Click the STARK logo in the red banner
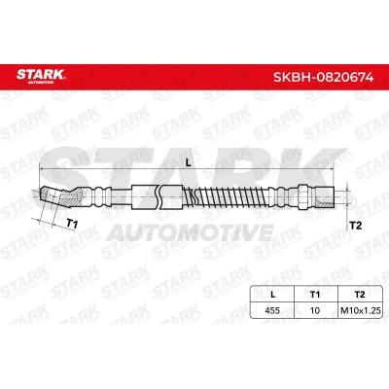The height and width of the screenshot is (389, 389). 41,76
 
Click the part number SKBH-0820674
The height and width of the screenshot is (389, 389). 323,78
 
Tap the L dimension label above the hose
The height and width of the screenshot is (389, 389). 189,163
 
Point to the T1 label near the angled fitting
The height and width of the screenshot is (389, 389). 72,224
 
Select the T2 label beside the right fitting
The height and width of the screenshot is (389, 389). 356,226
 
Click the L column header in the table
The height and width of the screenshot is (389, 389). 272,295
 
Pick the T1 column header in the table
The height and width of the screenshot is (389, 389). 315,295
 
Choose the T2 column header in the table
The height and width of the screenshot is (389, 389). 360,295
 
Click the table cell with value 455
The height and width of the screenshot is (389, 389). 272,310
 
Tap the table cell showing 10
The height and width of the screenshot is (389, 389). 315,310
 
